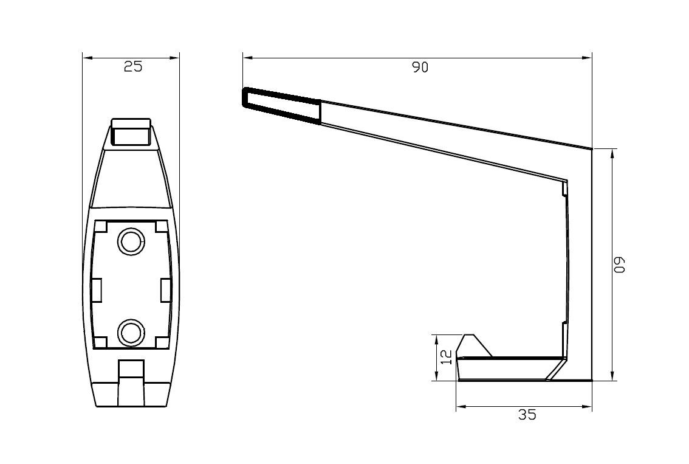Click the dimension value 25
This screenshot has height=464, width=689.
point(132,67)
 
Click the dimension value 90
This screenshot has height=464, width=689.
point(420,68)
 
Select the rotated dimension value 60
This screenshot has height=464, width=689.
point(619,265)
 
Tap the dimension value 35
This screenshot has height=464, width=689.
point(527,415)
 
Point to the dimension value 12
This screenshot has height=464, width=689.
point(446,357)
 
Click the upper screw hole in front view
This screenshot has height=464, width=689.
point(131,242)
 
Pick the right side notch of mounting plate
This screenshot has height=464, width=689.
point(165,290)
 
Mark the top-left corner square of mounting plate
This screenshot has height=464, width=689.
point(101,226)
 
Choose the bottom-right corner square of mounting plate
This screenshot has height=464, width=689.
point(162,342)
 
